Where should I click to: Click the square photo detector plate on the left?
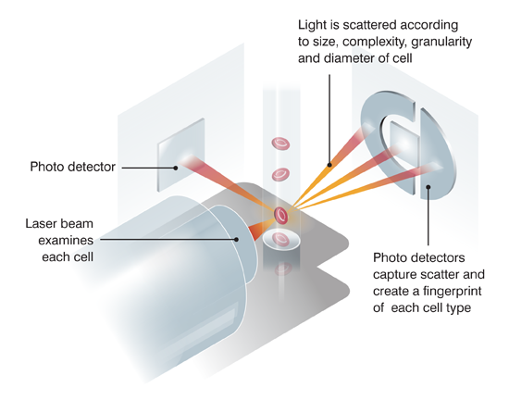[x=181, y=155]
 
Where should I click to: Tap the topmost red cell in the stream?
[x=280, y=144]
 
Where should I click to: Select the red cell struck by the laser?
[x=281, y=216]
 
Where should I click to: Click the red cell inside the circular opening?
[x=280, y=240]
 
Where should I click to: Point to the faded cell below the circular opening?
[x=283, y=269]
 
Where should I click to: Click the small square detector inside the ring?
[x=404, y=144]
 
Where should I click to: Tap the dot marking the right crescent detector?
[x=428, y=187]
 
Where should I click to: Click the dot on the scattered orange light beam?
[x=329, y=165]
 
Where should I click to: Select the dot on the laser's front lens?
[x=237, y=239]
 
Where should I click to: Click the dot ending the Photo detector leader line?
[x=175, y=168]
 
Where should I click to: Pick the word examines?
[x=66, y=240]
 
